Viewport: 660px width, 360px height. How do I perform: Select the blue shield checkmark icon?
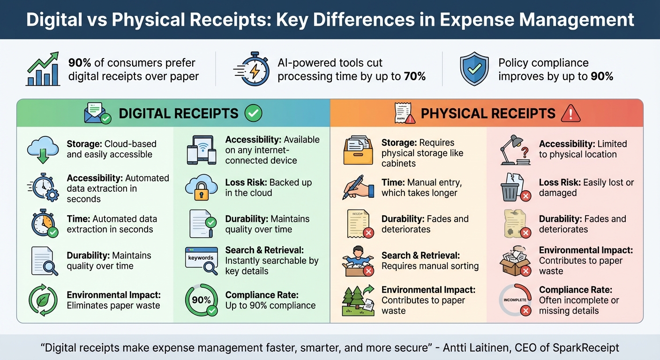[474, 69]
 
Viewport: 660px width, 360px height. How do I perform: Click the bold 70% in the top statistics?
[414, 76]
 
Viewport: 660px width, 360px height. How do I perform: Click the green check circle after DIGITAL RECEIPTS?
[254, 113]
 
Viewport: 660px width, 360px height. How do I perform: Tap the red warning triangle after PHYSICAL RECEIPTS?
[570, 113]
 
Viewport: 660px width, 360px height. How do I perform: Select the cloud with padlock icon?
[202, 187]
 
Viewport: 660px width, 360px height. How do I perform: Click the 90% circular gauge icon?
[202, 300]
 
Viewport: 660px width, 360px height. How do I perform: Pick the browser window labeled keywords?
[202, 260]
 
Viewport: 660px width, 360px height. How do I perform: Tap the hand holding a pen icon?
[358, 187]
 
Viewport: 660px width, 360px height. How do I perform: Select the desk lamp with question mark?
[516, 150]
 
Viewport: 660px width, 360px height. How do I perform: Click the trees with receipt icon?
[358, 300]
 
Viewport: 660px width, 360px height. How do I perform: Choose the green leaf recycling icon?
[43, 300]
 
